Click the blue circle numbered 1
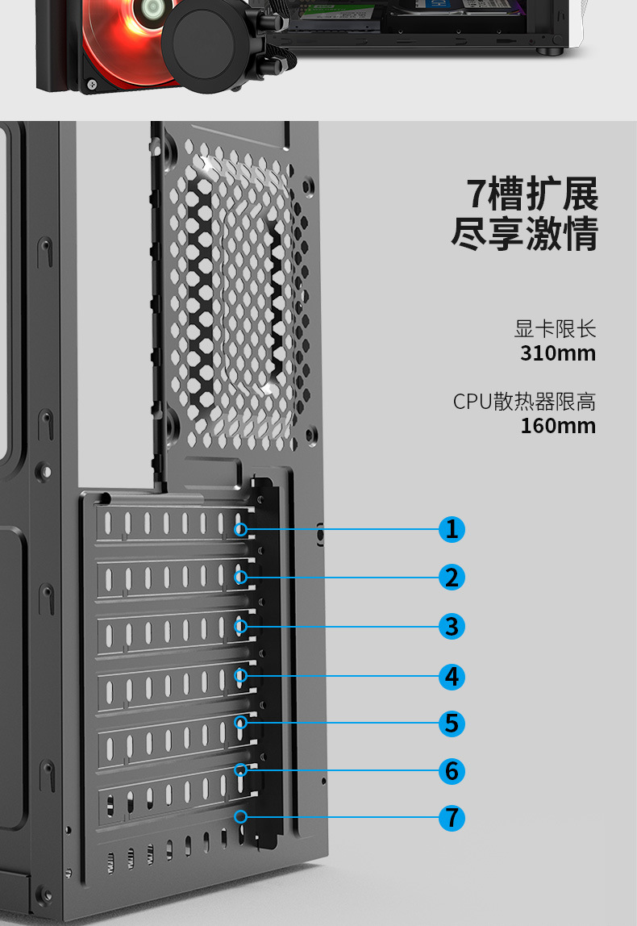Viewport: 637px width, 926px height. tap(452, 529)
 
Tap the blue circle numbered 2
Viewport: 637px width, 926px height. tap(452, 578)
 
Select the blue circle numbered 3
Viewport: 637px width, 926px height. tap(452, 626)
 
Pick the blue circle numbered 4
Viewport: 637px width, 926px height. tap(452, 676)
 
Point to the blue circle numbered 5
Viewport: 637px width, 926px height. tap(452, 723)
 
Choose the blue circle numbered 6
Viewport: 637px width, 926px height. tap(452, 770)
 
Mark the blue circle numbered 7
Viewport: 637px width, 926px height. tap(452, 817)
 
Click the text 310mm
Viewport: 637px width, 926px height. tap(558, 353)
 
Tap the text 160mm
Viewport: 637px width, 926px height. tap(558, 426)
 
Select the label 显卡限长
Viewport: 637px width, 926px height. tap(555, 329)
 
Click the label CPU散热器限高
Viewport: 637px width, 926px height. tap(524, 402)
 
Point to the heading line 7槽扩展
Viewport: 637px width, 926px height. tap(533, 194)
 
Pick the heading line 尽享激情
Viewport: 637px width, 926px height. tap(525, 234)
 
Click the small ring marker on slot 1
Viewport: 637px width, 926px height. tap(240, 529)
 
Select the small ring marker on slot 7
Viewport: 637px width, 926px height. tap(240, 816)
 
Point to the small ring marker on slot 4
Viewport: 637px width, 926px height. tap(240, 675)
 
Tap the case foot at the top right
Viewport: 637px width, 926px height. tap(553, 51)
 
